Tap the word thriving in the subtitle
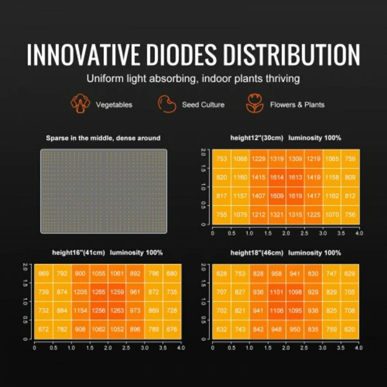(x=283, y=78)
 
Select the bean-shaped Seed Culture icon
(x=167, y=104)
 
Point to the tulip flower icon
(x=254, y=104)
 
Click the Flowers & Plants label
(x=297, y=105)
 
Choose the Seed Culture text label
(x=203, y=105)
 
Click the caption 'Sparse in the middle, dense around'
(x=103, y=138)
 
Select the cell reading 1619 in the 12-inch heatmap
(x=295, y=196)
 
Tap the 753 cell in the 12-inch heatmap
(x=222, y=159)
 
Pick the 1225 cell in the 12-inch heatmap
(x=313, y=214)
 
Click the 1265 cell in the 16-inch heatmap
(x=99, y=292)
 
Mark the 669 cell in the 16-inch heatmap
(x=44, y=273)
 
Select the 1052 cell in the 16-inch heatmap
(x=117, y=329)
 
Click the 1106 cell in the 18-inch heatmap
(x=276, y=311)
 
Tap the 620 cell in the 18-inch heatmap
(x=350, y=329)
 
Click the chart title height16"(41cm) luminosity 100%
(x=107, y=253)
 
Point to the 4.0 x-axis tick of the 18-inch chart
(x=359, y=348)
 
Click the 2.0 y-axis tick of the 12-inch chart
(x=203, y=152)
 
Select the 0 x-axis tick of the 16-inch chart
(x=35, y=348)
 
